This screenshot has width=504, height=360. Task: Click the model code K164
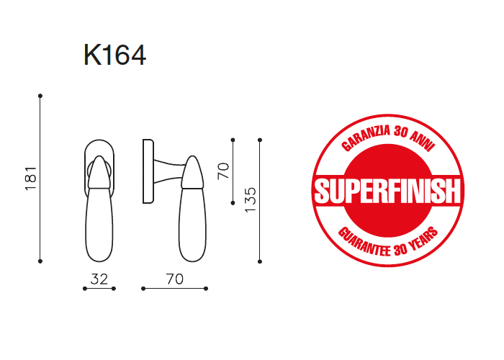[x=114, y=55]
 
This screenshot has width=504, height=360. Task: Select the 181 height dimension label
[x=31, y=179]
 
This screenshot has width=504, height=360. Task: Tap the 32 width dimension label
[x=99, y=279]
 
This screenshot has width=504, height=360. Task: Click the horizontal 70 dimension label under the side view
[x=174, y=279]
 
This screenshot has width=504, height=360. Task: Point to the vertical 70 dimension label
[x=223, y=171]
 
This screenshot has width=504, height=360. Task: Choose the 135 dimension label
[x=251, y=199]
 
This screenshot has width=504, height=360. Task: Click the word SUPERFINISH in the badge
[x=387, y=191]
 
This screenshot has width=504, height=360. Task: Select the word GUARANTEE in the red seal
[x=364, y=242]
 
